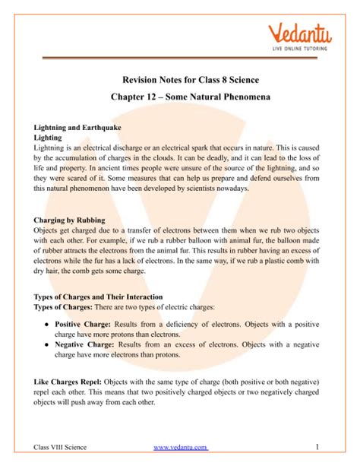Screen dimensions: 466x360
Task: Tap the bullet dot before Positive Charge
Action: point(48,325)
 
